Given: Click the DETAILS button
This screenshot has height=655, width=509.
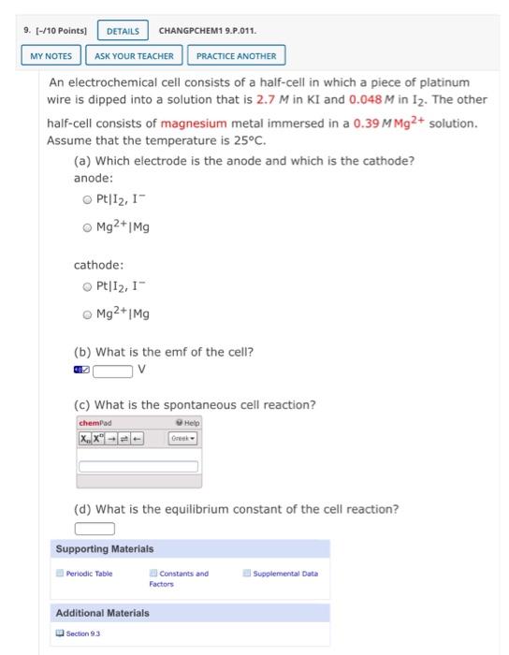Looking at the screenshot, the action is click(x=123, y=31).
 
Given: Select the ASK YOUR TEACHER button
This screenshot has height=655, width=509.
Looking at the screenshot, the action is click(x=135, y=56).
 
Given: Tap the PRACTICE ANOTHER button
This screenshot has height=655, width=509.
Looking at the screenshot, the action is click(x=236, y=56).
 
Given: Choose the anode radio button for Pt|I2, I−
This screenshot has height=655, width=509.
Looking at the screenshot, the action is click(x=87, y=199).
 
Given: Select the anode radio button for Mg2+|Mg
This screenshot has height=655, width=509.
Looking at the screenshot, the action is click(x=87, y=226).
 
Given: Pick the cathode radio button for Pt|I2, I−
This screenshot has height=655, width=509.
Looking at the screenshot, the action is click(x=87, y=287).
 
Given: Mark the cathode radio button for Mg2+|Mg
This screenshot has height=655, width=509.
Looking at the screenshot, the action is click(x=87, y=314).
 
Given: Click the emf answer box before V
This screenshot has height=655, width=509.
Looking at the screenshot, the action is click(x=111, y=370).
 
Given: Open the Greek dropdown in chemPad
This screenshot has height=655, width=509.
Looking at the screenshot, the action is click(x=182, y=439).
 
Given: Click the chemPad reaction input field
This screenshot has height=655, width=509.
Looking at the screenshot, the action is click(x=138, y=466).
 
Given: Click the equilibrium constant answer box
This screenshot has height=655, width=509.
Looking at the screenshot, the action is click(x=95, y=530).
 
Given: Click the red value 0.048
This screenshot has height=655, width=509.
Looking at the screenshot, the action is click(x=366, y=99).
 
